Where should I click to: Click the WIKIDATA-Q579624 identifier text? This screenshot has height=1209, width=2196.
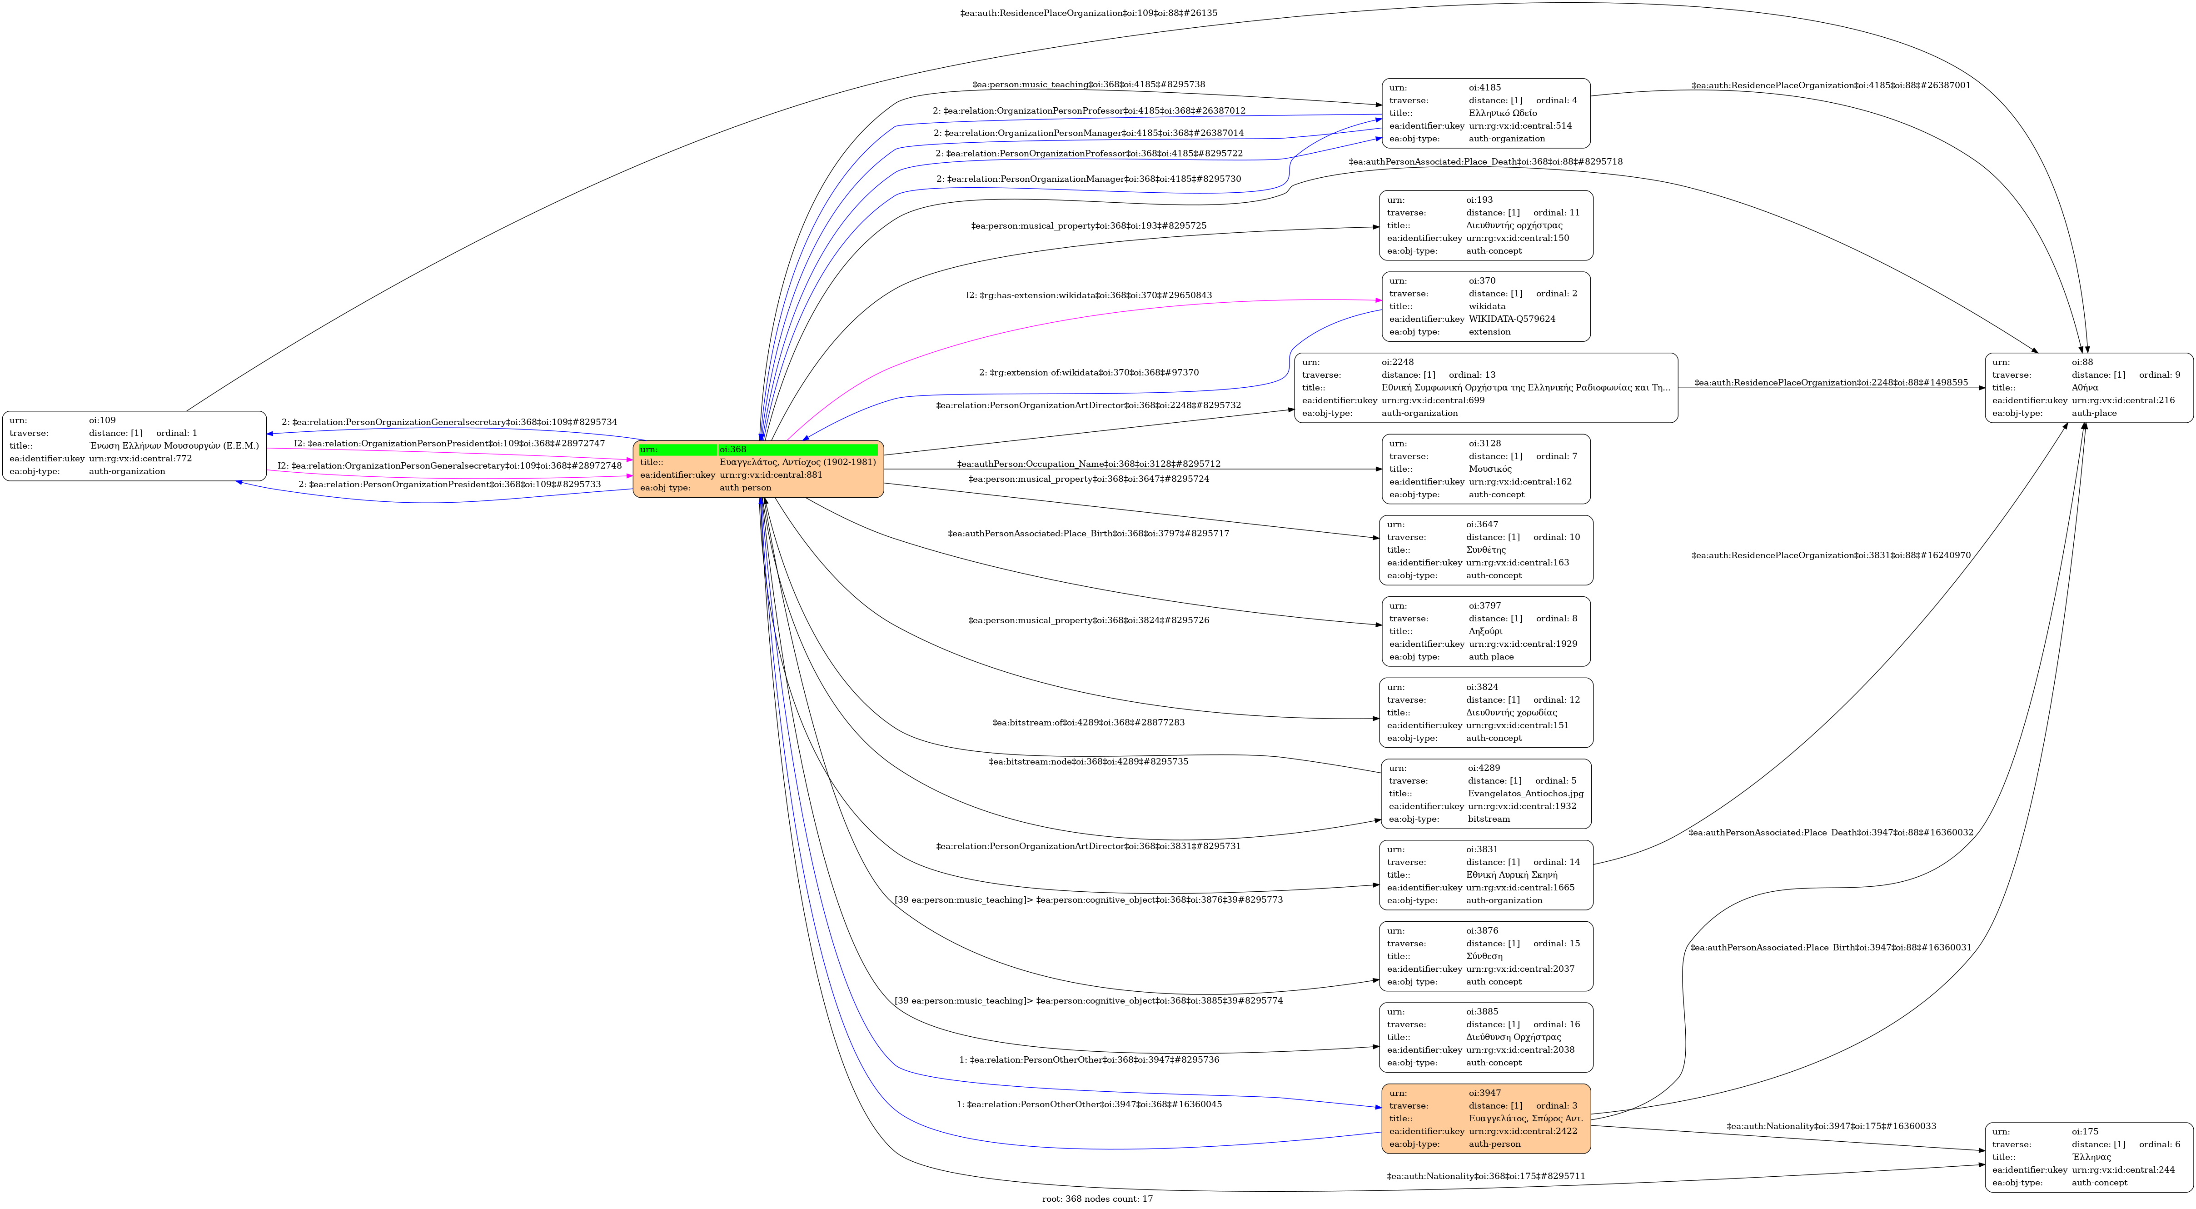1511,319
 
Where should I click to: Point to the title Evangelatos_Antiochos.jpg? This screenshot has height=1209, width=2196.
1525,793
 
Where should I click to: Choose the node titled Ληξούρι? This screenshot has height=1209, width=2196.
1485,631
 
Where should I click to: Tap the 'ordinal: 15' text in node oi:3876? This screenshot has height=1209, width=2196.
1556,943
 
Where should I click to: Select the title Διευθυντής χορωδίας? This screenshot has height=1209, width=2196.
1511,712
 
